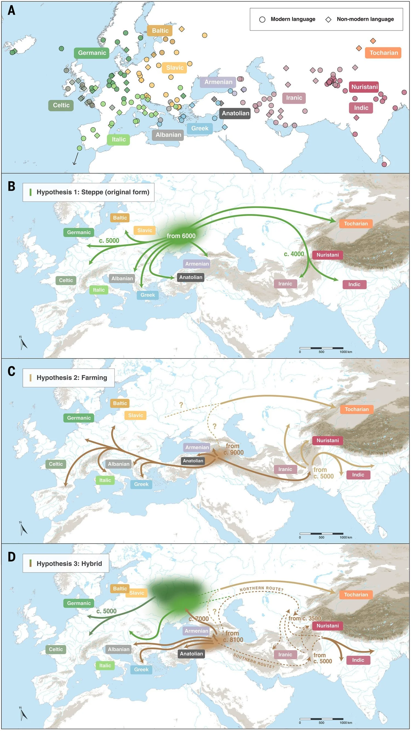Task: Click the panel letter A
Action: click(11, 10)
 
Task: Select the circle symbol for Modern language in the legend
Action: click(262, 20)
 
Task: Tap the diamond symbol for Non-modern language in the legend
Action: click(328, 20)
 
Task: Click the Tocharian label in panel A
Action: click(383, 53)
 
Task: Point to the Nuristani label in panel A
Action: click(364, 87)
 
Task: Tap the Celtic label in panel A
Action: click(61, 105)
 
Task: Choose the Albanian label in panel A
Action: click(168, 135)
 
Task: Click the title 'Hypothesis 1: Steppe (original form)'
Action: click(93, 192)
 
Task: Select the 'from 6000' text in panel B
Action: click(181, 236)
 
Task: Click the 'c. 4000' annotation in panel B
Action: click(294, 254)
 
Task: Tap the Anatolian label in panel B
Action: click(191, 277)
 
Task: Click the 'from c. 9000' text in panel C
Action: click(233, 449)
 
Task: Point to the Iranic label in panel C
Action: click(285, 469)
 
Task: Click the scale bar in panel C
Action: click(321, 534)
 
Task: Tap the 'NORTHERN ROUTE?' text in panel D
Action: click(261, 589)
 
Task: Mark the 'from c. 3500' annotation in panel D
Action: click(305, 618)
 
